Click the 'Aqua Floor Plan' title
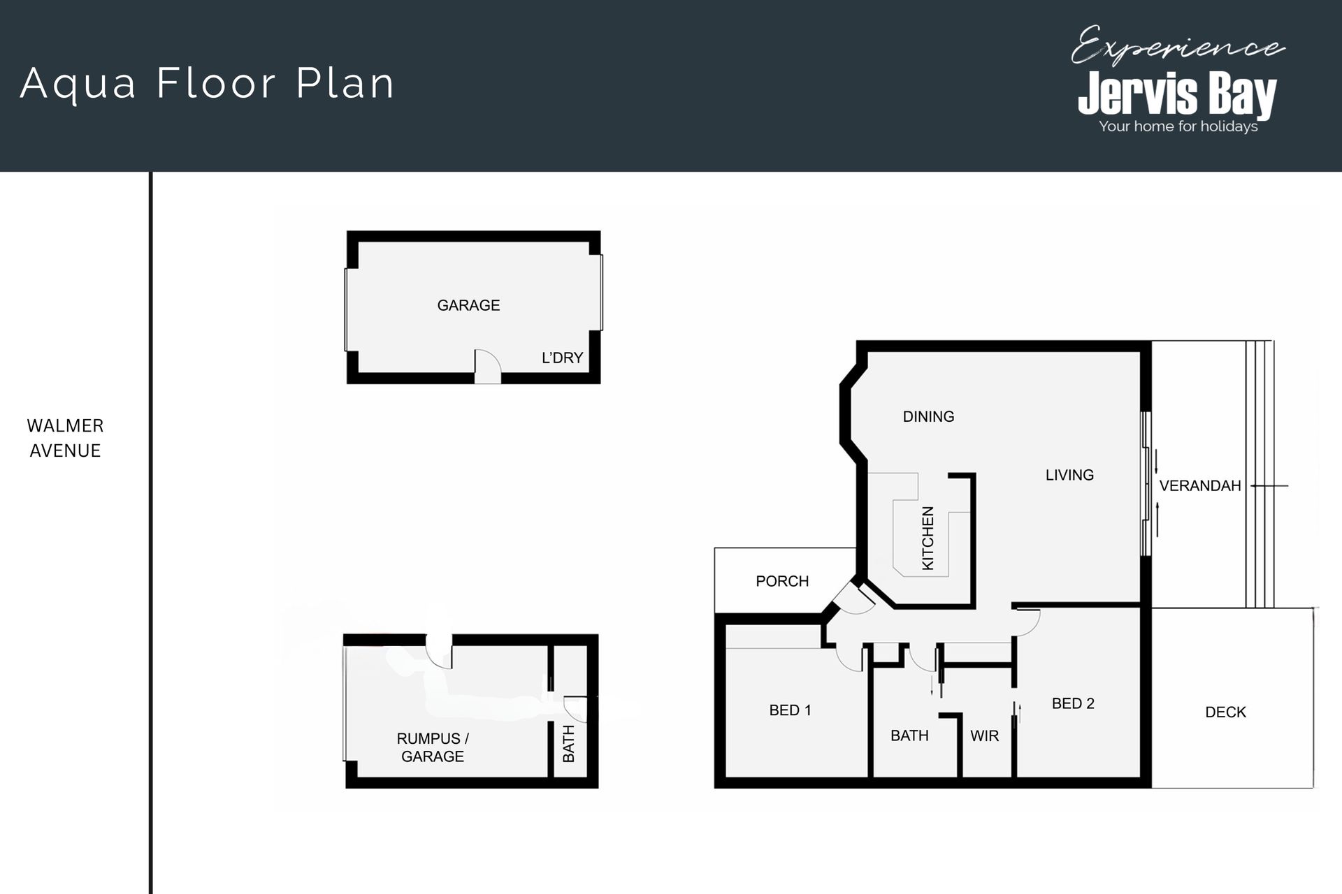point(208,84)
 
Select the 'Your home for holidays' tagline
point(1178,126)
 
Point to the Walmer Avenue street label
point(65,438)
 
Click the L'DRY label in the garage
point(562,358)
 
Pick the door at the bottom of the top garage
point(488,367)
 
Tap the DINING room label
point(928,416)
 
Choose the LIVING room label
point(1069,475)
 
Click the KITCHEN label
point(928,538)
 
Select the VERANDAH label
point(1200,485)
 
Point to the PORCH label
point(782,581)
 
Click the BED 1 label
point(790,710)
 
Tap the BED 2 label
point(1073,703)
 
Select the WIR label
point(984,735)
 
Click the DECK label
point(1225,712)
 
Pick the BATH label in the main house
point(909,735)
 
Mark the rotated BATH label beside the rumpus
point(568,743)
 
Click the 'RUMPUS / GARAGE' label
point(433,747)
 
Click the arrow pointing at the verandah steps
point(1269,485)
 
